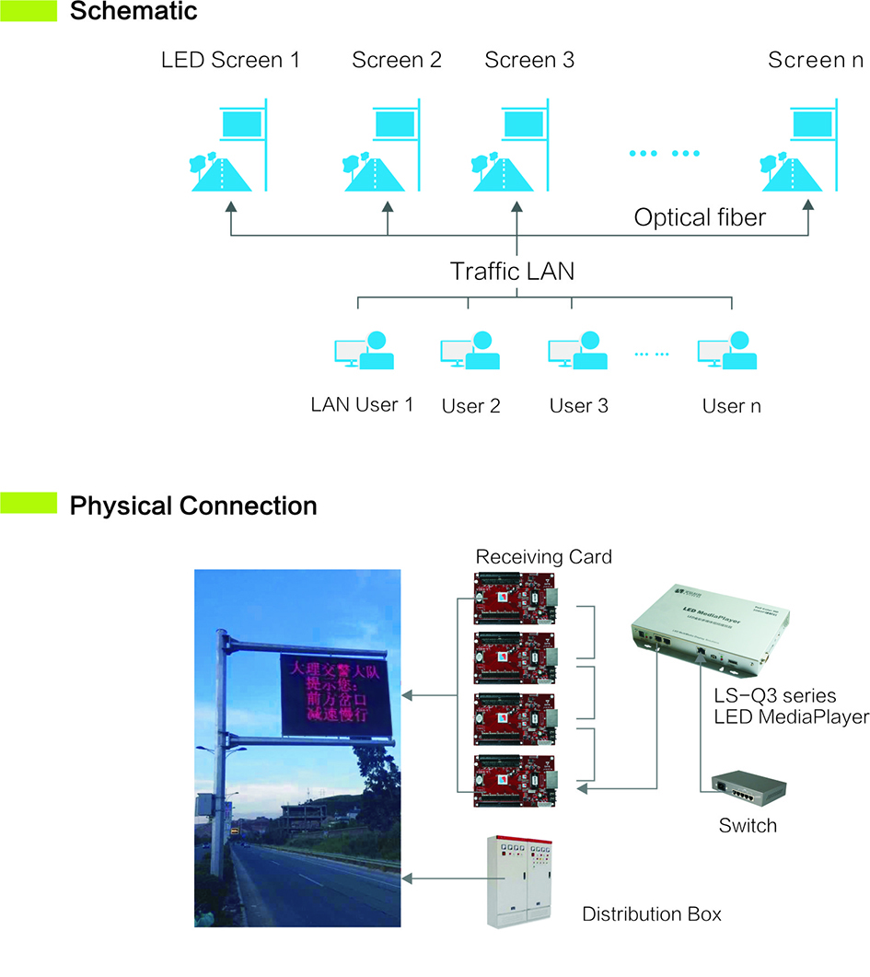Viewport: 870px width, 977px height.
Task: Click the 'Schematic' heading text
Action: pos(133,12)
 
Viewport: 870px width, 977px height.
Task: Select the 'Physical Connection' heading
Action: pos(193,506)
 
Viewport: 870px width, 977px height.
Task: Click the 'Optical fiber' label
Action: pos(701,218)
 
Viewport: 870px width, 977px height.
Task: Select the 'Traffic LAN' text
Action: pos(513,272)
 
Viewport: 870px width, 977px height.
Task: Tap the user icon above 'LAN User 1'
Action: pos(364,350)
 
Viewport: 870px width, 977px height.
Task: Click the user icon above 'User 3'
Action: pos(577,350)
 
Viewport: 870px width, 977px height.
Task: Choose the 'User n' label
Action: pos(731,405)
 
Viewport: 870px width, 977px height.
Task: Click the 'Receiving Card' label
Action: pos(543,556)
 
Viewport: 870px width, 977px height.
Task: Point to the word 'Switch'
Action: pos(748,825)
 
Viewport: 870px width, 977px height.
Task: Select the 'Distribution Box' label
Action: pos(652,914)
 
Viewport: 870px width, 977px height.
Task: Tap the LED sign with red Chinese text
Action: pos(337,695)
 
